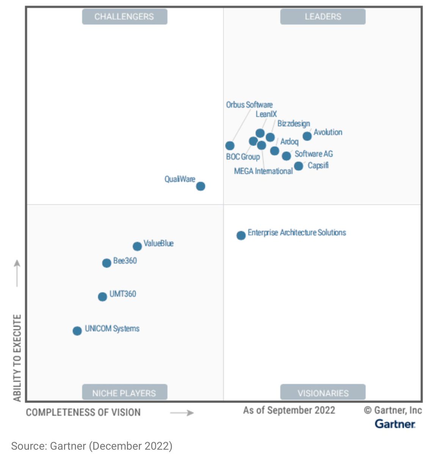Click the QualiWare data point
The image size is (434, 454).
pos(201,186)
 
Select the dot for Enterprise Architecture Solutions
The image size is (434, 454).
pos(241,236)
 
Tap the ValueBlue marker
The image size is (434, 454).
pos(137,246)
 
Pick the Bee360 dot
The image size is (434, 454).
pos(107,263)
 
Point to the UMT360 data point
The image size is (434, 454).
pos(102,297)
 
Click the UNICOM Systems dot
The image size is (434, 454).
pos(77,331)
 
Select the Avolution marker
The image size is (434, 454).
pos(307,136)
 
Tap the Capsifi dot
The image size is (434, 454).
pos(299,166)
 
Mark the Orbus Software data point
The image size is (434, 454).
pos(230,146)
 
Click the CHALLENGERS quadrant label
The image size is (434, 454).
pos(124,17)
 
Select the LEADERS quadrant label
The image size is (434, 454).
pos(323,17)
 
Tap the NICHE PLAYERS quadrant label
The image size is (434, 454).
pos(124,393)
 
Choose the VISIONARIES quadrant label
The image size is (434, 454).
pos(323,393)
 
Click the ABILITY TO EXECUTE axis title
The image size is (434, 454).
pos(17,358)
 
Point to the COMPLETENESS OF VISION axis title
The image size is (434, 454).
pos(83,412)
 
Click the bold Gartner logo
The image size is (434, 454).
pos(395,424)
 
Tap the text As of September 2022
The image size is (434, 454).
pos(289,410)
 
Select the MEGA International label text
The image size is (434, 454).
pos(263,171)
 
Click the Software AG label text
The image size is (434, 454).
pos(313,154)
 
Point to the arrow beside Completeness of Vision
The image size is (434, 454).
pos(182,413)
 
